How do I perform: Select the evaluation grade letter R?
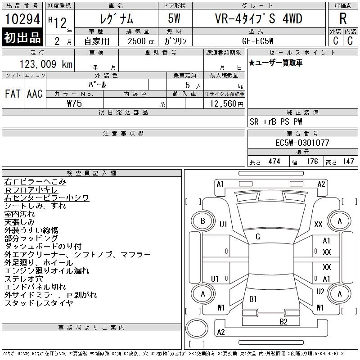point(342,19)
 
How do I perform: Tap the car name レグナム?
point(115,19)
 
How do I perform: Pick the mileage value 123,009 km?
point(40,64)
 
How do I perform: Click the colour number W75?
point(74,103)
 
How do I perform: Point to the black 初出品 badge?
point(22,37)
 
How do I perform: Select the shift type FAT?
point(12,94)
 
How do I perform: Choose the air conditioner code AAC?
point(35,94)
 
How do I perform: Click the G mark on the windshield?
point(258,237)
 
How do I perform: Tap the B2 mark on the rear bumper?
point(283,321)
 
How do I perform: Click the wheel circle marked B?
point(203,221)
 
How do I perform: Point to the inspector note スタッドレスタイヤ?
point(39,303)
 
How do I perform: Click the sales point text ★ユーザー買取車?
point(276,63)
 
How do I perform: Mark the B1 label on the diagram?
point(253,299)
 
